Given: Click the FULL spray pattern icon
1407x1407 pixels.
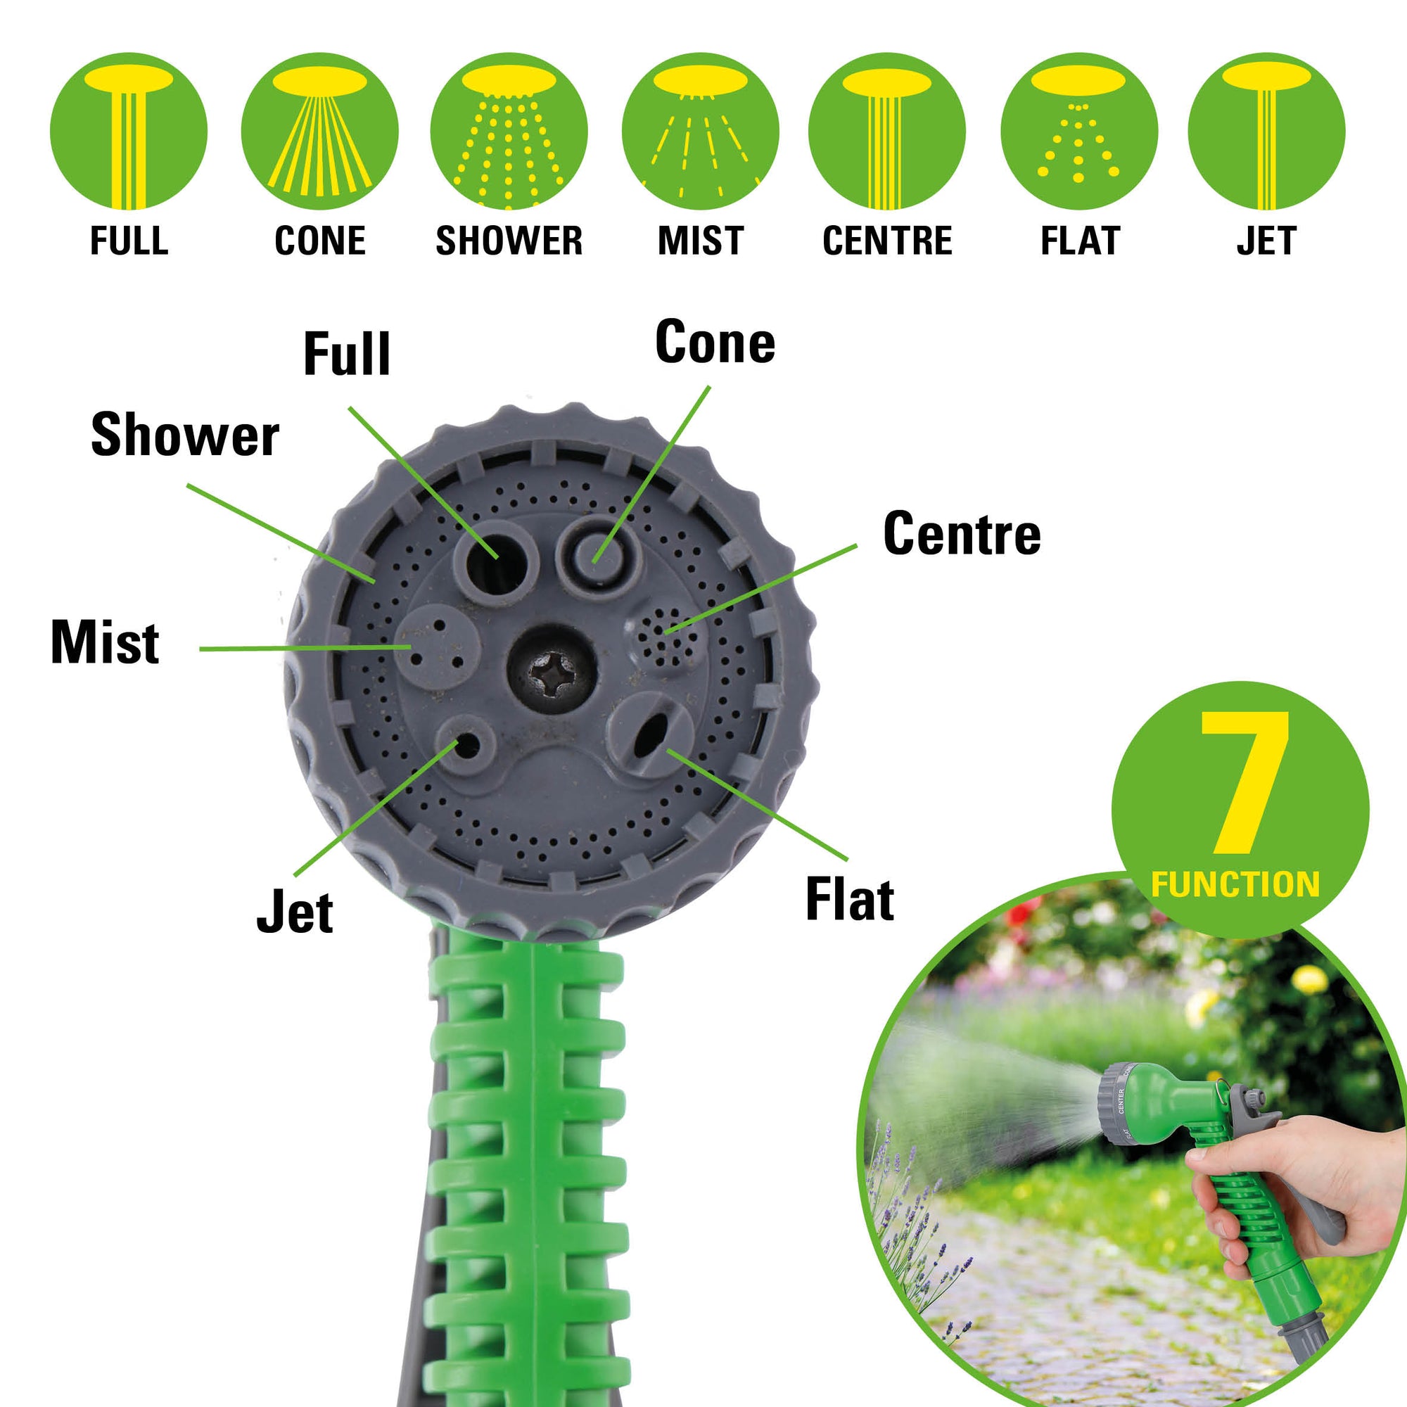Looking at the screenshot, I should click(129, 131).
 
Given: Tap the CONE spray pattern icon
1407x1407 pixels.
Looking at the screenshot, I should click(319, 131).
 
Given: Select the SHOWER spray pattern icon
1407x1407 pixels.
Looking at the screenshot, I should click(509, 131).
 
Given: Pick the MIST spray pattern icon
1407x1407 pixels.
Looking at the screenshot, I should click(701, 131).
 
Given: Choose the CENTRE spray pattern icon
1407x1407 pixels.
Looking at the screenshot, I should click(887, 131).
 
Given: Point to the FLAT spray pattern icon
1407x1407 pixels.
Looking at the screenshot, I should click(1079, 131).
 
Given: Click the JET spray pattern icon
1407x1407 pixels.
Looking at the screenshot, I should click(1266, 131).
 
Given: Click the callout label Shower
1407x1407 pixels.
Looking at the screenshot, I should click(185, 435).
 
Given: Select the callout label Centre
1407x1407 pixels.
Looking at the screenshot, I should click(962, 533).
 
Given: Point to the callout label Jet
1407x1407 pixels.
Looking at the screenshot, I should click(295, 912).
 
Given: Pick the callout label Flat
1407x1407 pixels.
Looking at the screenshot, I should click(850, 899).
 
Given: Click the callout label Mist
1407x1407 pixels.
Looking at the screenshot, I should click(106, 642).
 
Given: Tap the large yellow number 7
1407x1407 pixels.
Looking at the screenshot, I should click(1244, 783).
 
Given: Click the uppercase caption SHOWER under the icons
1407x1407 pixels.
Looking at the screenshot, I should click(509, 241).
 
